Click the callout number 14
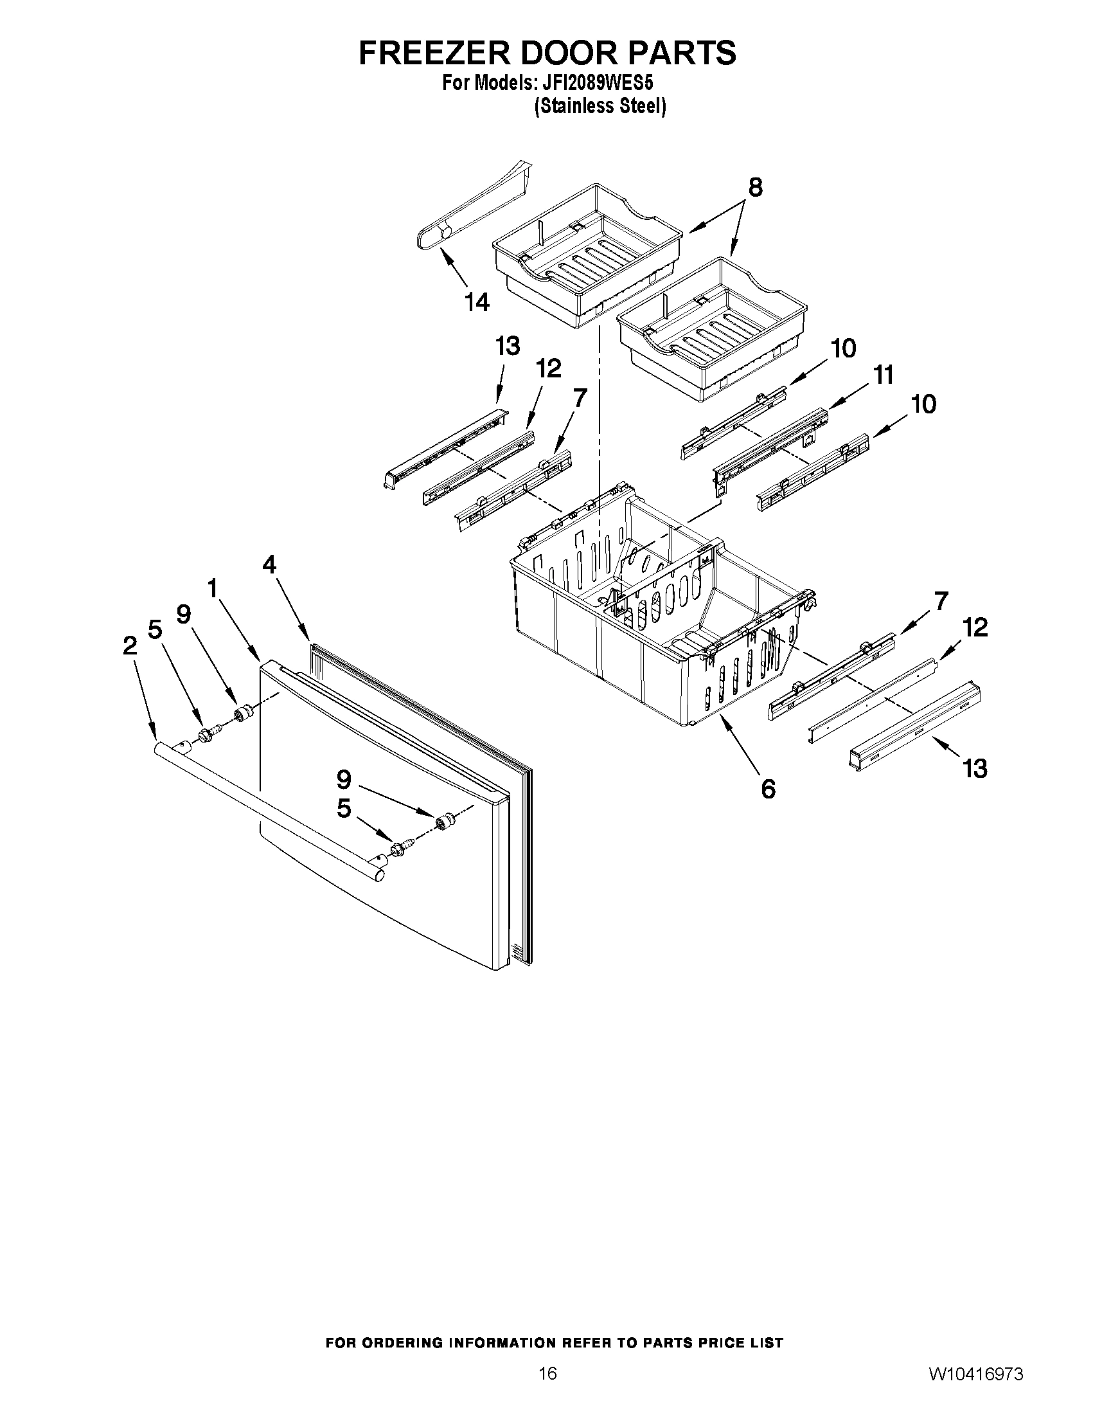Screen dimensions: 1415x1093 pos(477,302)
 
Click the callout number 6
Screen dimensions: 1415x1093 pos(768,789)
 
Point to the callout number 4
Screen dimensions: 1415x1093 pos(269,565)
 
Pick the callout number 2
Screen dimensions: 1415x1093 pos(130,645)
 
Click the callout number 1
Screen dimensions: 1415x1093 pos(212,588)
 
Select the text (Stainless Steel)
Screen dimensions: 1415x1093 pos(600,106)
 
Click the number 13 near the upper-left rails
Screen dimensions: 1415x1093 pos(508,347)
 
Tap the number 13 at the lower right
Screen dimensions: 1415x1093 pos(975,769)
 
